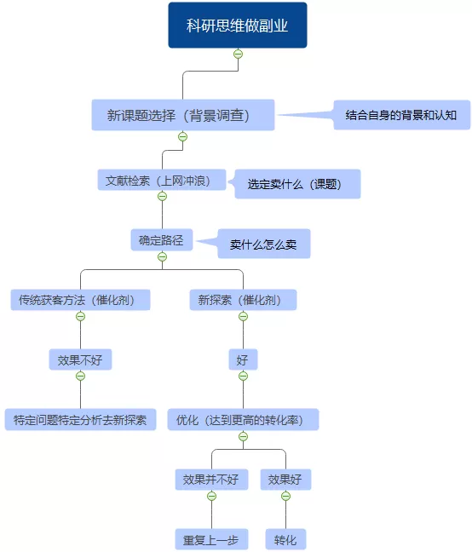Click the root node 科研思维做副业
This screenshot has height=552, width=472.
(237, 25)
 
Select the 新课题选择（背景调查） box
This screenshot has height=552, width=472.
(183, 115)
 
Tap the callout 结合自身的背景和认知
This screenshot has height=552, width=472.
(401, 114)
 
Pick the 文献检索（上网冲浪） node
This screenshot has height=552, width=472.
(162, 181)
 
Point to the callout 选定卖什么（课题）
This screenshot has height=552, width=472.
(297, 184)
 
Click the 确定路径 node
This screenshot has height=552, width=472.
(162, 240)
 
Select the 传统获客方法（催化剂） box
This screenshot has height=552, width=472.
(80, 300)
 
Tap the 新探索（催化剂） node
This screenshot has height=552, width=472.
(243, 300)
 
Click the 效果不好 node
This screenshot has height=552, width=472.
(80, 360)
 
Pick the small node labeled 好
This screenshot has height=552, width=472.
(243, 360)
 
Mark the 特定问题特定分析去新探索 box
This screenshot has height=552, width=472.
(80, 420)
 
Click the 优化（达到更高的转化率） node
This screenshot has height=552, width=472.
(243, 420)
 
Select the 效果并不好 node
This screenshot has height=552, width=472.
(211, 480)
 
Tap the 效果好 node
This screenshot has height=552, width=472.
(285, 480)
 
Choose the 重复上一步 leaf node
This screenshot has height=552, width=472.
(211, 540)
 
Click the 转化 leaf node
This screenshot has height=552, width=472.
(285, 540)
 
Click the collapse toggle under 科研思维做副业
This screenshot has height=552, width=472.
(238, 54)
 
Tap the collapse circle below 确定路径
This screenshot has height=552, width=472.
(162, 256)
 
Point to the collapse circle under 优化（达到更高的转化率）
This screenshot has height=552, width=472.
(243, 436)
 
